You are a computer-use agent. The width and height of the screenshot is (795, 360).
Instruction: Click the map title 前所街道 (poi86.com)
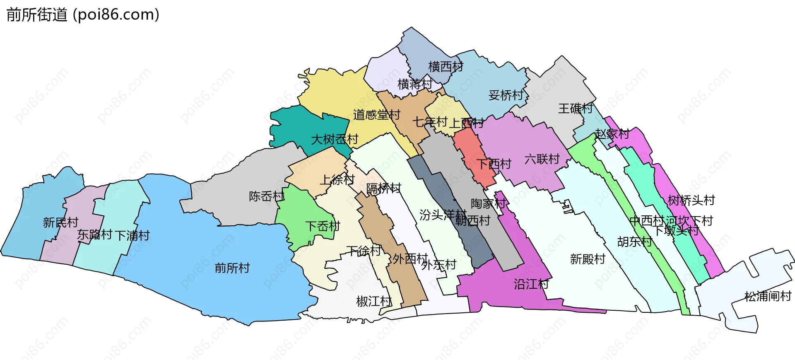(83, 15)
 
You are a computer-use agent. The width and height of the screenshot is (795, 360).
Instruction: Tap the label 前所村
(232, 268)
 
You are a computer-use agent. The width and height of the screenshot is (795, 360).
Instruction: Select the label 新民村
(60, 222)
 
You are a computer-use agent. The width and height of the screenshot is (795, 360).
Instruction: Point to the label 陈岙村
(266, 196)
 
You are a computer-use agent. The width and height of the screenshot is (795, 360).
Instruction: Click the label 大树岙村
(335, 139)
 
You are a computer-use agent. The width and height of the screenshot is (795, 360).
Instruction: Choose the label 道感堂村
(376, 115)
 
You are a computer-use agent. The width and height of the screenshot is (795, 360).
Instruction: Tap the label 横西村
(446, 66)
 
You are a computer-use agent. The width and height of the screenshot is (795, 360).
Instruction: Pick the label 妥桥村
(506, 95)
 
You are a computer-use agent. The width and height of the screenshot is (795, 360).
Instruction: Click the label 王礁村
(576, 109)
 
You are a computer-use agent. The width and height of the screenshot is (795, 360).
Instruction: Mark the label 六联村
(542, 159)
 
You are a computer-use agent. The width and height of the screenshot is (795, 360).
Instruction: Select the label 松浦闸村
(768, 296)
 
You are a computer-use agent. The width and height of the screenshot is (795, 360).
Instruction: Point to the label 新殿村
(588, 259)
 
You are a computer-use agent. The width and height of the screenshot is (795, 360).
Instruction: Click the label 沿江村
(531, 284)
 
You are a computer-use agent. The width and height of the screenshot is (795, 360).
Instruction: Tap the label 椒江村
(374, 301)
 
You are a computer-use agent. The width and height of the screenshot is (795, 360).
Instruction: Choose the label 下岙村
(323, 226)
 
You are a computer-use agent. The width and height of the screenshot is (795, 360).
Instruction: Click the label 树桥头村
(691, 201)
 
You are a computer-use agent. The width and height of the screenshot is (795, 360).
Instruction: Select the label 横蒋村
(415, 84)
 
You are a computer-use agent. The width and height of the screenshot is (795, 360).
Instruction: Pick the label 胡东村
(634, 242)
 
